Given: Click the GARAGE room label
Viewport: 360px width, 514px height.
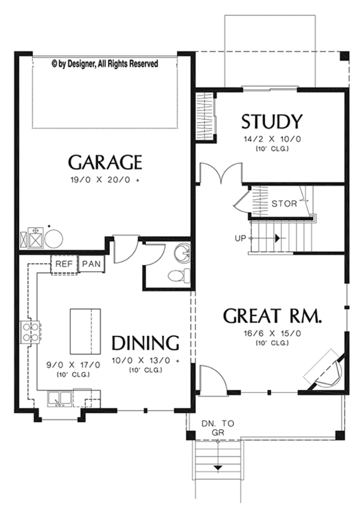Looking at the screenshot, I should (105, 162).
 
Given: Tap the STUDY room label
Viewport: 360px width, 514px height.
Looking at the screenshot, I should (271, 122).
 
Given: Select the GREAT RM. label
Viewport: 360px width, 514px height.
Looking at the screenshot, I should (273, 316).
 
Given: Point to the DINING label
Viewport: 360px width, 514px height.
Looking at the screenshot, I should (146, 342).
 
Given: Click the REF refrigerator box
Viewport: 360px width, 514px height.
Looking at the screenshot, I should (64, 264).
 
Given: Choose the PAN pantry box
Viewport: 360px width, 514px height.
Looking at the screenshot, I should (91, 264).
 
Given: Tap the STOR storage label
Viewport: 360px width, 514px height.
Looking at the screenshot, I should (284, 203).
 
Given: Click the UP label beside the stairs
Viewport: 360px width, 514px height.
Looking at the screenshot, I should (241, 238).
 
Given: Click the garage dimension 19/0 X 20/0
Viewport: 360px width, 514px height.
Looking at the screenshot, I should (104, 179).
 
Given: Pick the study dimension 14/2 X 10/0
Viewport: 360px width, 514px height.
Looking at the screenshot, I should (271, 139).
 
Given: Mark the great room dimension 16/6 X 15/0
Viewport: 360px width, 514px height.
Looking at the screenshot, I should (271, 333).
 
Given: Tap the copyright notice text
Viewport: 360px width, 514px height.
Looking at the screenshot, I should (104, 63).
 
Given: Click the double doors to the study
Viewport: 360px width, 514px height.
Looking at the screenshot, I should (220, 174).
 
